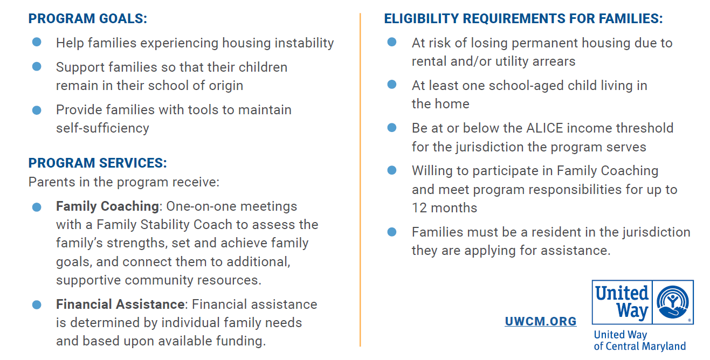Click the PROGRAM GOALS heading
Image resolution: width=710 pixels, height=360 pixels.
point(87,19)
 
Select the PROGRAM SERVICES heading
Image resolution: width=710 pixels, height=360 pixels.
point(98,163)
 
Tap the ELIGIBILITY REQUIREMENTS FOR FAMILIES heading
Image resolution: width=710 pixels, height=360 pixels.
point(523,19)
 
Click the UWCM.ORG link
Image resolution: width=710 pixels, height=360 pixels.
point(541,322)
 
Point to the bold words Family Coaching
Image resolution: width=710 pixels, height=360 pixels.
point(107,206)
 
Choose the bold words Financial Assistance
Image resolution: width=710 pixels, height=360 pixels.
point(120,304)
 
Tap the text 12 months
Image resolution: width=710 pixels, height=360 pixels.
point(444,208)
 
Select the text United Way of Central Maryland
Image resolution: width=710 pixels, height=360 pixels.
point(639,341)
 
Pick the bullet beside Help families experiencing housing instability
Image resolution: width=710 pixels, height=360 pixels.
point(37,42)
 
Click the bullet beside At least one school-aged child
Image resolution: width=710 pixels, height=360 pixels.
point(392,85)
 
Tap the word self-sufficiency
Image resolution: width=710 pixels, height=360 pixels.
point(102,128)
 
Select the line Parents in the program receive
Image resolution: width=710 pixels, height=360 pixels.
point(124,182)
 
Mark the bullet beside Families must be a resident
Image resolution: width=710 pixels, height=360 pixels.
point(392,232)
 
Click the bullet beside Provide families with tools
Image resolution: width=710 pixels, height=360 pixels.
point(37,109)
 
